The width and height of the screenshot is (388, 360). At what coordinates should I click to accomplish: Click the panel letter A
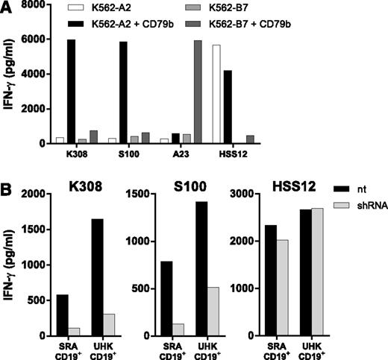coord(8,9)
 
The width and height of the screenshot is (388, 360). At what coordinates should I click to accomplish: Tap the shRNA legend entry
coord(363,224)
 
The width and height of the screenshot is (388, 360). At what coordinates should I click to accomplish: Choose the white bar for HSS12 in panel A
coord(300,94)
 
